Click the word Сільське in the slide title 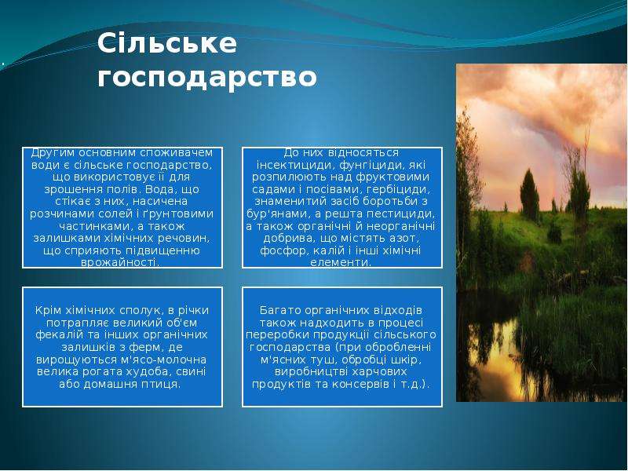point(166,43)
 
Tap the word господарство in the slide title point(207,78)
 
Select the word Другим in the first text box point(53,153)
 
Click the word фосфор point(279,251)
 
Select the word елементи point(341,263)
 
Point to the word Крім point(49,310)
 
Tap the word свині point(190,372)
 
